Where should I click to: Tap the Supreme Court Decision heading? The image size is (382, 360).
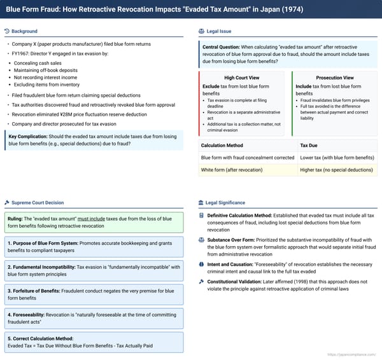[x=38, y=203]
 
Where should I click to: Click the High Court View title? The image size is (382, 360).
[x=241, y=78]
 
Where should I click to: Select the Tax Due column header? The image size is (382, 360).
[x=309, y=145]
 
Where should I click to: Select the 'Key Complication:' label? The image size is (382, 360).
[x=29, y=136]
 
